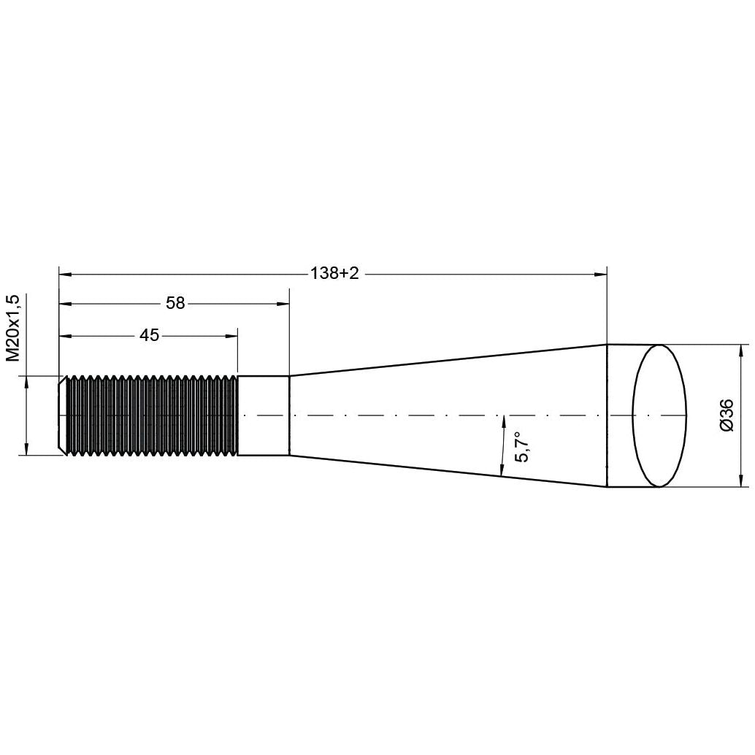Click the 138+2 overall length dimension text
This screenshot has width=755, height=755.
click(x=335, y=273)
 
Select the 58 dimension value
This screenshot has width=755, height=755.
click(x=175, y=303)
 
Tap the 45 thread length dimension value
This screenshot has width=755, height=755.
click(x=149, y=335)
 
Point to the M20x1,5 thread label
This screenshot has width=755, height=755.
click(x=12, y=328)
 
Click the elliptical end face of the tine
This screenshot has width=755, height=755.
click(x=659, y=415)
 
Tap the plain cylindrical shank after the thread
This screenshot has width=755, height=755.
click(x=264, y=415)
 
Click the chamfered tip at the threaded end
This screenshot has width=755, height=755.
click(x=63, y=415)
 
